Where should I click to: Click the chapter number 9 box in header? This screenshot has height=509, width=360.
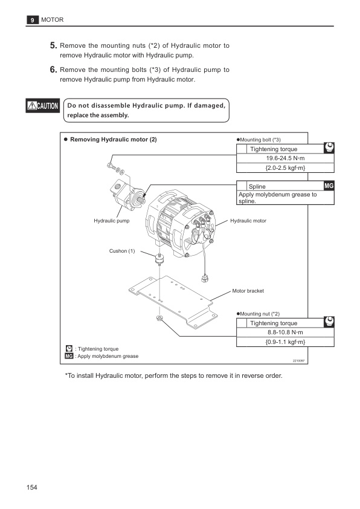coord(31,21)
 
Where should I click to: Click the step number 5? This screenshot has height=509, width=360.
coord(53,45)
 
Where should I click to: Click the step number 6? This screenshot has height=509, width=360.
coord(53,70)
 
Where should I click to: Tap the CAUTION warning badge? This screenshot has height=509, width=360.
coord(42,107)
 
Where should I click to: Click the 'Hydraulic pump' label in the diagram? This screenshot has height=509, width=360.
coord(112,221)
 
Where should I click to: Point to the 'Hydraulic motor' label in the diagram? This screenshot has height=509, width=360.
coord(248,221)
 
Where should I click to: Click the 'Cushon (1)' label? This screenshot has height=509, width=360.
coord(123,251)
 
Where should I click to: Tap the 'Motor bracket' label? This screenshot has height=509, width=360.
coord(248,291)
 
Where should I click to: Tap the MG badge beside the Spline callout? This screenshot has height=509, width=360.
coord(329,186)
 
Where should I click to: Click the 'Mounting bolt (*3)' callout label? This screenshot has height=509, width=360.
coord(260,140)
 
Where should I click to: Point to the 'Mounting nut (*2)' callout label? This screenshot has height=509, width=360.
coord(260,314)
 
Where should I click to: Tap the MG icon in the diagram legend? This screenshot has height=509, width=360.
coord(69,356)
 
